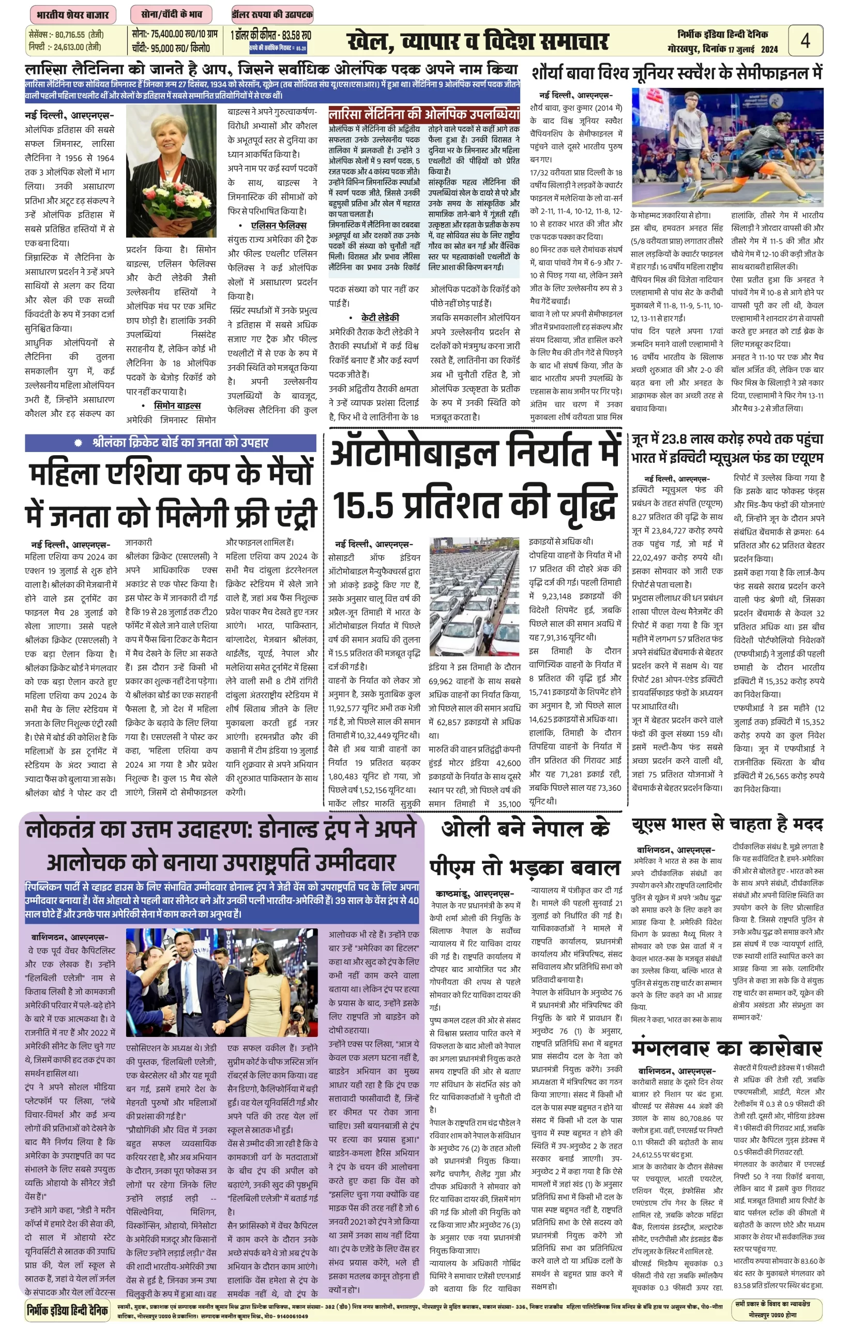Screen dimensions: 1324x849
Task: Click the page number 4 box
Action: pos(805,41)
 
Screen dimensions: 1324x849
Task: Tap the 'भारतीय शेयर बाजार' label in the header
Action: pos(72,15)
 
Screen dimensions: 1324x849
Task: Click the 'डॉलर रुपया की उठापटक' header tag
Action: pos(272,15)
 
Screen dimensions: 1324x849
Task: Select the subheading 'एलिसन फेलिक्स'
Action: pos(278,225)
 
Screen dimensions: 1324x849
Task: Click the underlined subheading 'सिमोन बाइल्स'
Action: pos(177,405)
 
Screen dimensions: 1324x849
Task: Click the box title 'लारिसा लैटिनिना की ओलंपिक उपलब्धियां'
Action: pos(423,114)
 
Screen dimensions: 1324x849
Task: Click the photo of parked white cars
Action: pos(474,597)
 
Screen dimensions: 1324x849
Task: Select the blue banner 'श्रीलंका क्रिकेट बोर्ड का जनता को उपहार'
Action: pos(171,443)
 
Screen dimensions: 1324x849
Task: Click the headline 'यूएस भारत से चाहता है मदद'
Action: pos(726,825)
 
